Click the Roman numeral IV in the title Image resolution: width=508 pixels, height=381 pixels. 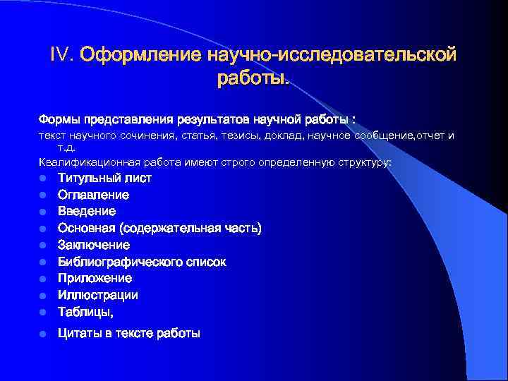61,54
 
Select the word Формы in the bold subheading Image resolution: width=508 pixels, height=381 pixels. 60,117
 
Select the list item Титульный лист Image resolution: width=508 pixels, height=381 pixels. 104,178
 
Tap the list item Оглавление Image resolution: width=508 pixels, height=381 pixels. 93,195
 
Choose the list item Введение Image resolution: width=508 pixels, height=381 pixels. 87,211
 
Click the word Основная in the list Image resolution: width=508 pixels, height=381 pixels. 85,228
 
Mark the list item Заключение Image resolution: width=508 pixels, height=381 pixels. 93,245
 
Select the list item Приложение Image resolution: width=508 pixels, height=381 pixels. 95,278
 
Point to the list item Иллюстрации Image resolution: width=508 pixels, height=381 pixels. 97,295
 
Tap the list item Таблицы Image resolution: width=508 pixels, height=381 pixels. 85,312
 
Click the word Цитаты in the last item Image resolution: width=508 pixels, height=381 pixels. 79,333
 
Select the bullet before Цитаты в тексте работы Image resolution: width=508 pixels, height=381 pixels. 43,334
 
